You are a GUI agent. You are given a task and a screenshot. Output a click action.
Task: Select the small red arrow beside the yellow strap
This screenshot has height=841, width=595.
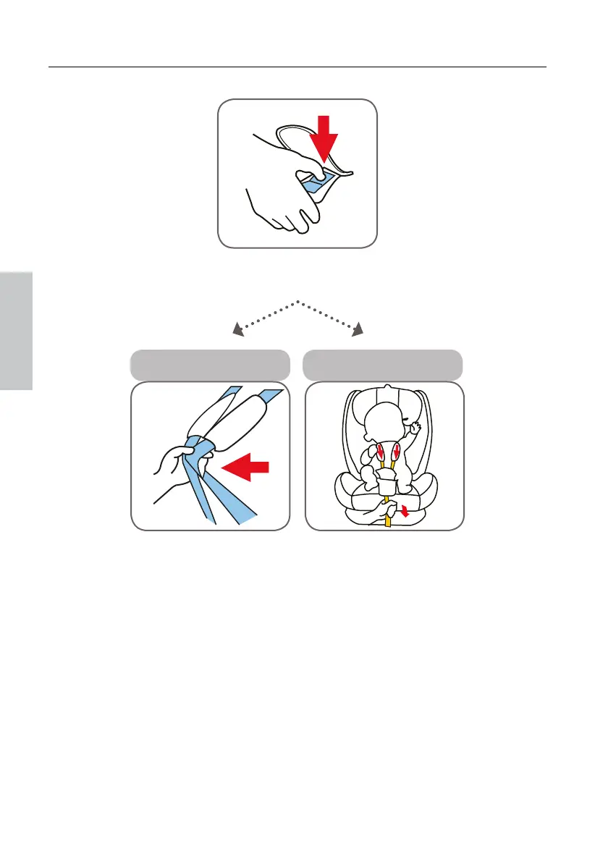pyautogui.click(x=404, y=512)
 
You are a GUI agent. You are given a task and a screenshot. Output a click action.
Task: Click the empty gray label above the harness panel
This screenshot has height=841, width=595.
pyautogui.click(x=210, y=365)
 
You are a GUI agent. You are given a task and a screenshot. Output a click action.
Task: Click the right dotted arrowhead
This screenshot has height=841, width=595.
pyautogui.click(x=358, y=331)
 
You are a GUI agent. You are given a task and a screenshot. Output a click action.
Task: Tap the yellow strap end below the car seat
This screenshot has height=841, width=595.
pyautogui.click(x=388, y=520)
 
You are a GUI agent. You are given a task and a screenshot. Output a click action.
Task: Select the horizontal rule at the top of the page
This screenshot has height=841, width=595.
pyautogui.click(x=297, y=68)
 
